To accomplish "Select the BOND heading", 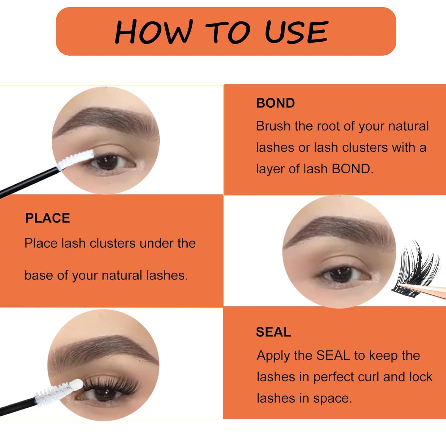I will click(x=275, y=103).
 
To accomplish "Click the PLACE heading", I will click(x=48, y=218).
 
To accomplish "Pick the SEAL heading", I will click(x=273, y=332).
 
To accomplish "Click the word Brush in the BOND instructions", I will click(x=273, y=126).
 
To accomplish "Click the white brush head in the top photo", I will click(x=76, y=160).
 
